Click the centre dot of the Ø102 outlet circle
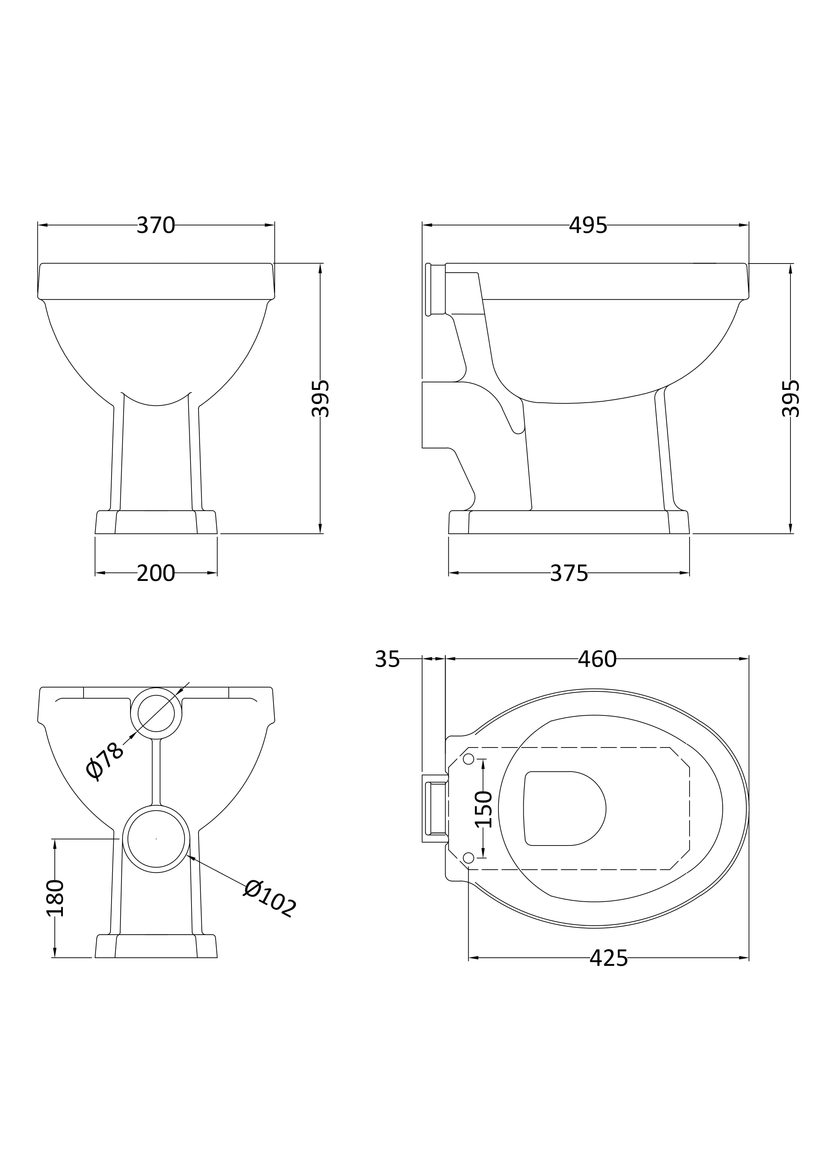pos(156,839)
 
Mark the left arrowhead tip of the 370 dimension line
pos(38,225)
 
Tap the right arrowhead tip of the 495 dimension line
pos(749,225)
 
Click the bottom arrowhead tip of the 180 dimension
pos(55,957)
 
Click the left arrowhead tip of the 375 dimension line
pos(449,573)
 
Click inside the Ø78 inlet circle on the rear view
pos(156,713)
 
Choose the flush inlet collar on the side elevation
pos(435,290)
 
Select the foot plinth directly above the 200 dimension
pos(156,522)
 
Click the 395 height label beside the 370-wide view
pos(320,399)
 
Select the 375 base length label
pos(569,573)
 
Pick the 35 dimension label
pos(387,659)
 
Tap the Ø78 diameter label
pos(104,760)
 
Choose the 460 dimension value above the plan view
pos(597,659)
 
